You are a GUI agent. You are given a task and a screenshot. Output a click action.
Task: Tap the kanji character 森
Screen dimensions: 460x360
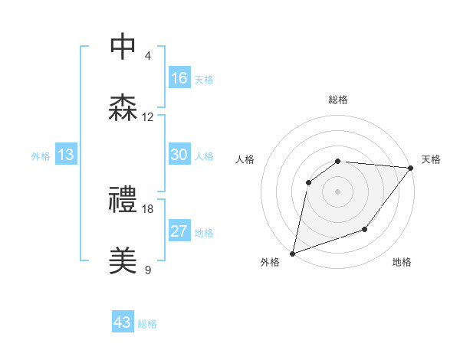pyautogui.click(x=123, y=106)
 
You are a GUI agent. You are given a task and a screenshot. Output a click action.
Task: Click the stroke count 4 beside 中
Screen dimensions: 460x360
pyautogui.click(x=148, y=56)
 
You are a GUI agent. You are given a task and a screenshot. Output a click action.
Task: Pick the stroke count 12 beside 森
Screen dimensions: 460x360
pyautogui.click(x=148, y=117)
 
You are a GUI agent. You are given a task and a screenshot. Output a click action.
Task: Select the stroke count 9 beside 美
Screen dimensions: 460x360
pyautogui.click(x=148, y=270)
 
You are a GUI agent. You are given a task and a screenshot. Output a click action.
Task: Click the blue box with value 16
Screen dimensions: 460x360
pyautogui.click(x=179, y=78)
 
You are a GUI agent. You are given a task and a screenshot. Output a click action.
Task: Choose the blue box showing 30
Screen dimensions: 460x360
pyautogui.click(x=179, y=155)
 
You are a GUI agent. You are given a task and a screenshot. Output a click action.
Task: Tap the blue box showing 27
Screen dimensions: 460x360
pyautogui.click(x=179, y=231)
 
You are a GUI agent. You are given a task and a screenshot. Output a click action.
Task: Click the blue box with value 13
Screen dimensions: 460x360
pyautogui.click(x=66, y=155)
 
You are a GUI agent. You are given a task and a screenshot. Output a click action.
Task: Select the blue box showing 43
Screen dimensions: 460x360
pyautogui.click(x=123, y=322)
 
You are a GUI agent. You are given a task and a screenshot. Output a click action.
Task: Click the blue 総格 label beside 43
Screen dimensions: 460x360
pyautogui.click(x=147, y=324)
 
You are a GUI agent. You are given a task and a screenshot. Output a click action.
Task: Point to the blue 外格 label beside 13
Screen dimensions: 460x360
pyautogui.click(x=41, y=156)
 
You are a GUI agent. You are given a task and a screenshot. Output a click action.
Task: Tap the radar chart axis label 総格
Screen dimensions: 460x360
pyautogui.click(x=338, y=100)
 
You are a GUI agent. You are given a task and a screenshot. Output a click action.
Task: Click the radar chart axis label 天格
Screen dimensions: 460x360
pyautogui.click(x=431, y=159)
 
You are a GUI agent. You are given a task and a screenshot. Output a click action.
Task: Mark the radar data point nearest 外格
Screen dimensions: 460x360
pyautogui.click(x=292, y=254)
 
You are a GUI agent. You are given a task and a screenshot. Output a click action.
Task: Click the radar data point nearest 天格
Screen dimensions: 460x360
pyautogui.click(x=411, y=168)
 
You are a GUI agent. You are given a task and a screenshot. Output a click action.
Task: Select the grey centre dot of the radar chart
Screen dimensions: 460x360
pyautogui.click(x=338, y=191)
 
